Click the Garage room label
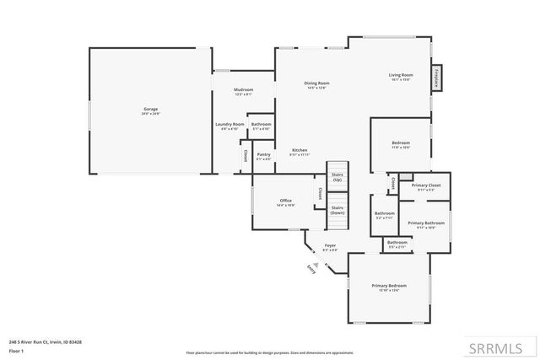150,110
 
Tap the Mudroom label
243,90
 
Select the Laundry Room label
229,126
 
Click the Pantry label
263,155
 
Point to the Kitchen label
300,152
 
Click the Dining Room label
316,83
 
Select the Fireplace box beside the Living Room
437,76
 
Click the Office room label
286,201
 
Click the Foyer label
331,247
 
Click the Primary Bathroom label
421,224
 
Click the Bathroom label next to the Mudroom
261,126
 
